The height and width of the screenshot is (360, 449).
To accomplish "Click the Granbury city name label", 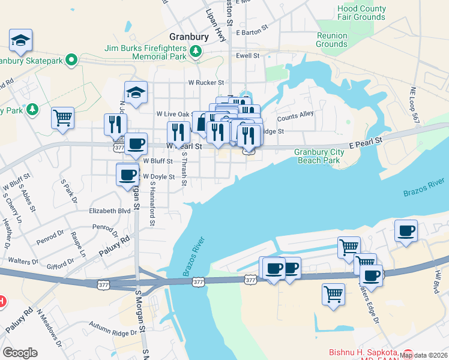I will click(189, 36).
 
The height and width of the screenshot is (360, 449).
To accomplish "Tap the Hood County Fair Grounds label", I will click(361, 13).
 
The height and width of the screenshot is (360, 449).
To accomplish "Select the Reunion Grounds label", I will click(332, 40).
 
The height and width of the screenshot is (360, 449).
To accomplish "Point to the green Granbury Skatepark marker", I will click(71, 60).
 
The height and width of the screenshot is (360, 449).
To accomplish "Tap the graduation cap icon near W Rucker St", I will click(136, 93).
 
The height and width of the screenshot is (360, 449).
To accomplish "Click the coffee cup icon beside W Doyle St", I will click(127, 175).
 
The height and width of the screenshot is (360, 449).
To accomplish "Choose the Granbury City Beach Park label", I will click(319, 156).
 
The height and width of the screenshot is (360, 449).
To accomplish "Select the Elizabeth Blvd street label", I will click(110, 211).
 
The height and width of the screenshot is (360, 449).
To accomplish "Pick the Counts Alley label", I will click(295, 115).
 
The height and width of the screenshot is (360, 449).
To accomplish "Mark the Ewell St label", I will click(247, 55).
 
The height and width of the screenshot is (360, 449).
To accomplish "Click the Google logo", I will click(20, 352).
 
